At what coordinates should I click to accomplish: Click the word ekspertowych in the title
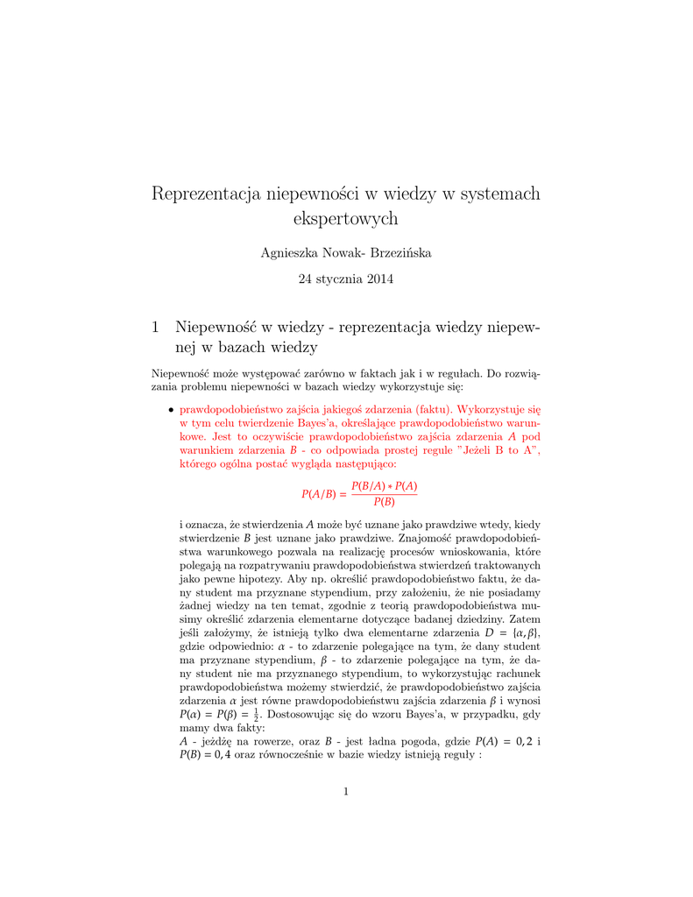[345, 218]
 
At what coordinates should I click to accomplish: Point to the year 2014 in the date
[378, 280]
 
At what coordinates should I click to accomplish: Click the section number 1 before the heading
[156, 328]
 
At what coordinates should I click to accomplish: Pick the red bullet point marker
[170, 410]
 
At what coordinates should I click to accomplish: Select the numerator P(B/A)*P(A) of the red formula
[384, 486]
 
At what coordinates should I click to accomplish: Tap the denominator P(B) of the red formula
[384, 503]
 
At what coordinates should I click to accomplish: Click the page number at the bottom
[346, 793]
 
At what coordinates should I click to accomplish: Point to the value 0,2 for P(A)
[520, 741]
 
